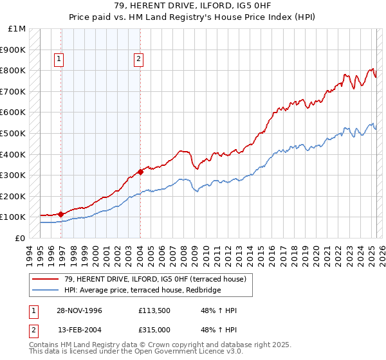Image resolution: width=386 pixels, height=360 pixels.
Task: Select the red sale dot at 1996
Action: coord(61,214)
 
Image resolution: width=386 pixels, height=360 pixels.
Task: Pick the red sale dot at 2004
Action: coord(140,172)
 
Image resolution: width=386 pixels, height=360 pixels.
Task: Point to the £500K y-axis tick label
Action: coord(14,134)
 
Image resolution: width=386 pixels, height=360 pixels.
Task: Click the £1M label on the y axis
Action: coord(17,29)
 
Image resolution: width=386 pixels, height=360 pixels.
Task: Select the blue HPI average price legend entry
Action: coord(142,291)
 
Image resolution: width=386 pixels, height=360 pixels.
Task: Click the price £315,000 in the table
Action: coord(154,330)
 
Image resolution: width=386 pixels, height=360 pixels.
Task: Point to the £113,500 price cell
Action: coord(154,310)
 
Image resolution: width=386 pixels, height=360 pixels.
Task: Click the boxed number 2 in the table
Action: coord(33,330)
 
